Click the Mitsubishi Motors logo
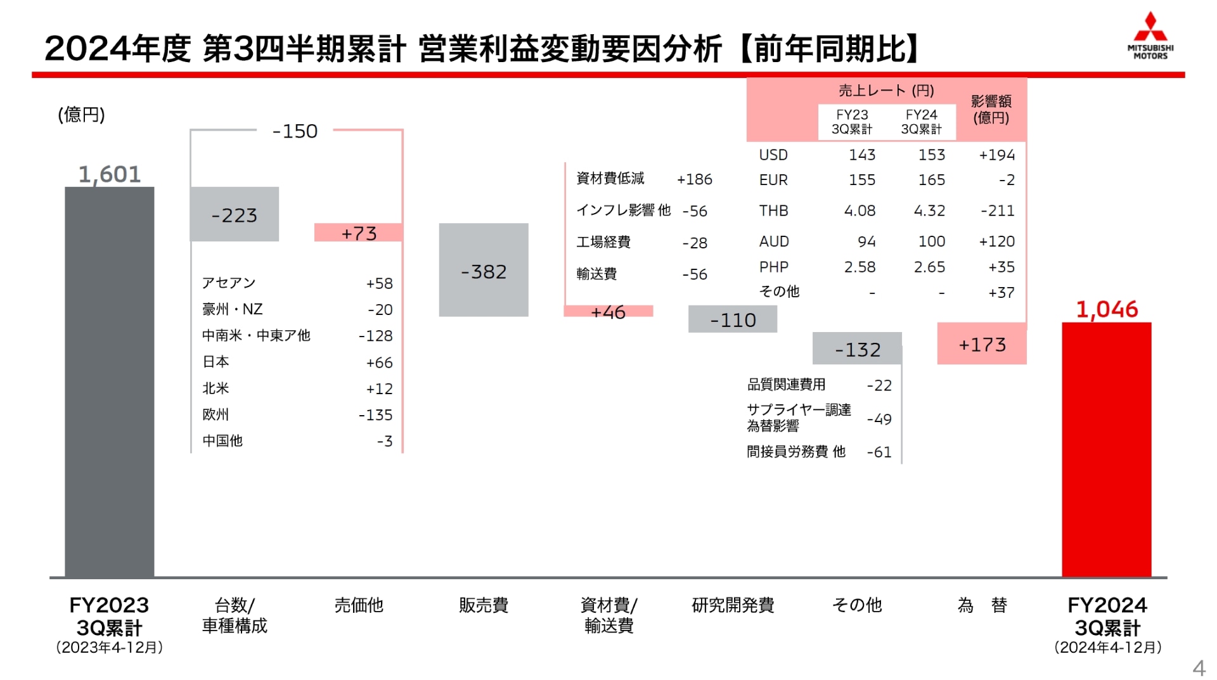pos(1150,36)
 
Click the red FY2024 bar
pos(1106,449)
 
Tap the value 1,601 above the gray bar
pos(109,174)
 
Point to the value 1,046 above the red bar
pos(1107,309)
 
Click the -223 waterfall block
pos(234,215)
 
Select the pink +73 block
pos(359,233)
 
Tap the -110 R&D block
pos(733,319)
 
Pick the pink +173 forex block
pos(982,344)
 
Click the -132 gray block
pos(857,349)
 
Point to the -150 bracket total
pos(295,131)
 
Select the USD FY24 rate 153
pos(931,155)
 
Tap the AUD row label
pos(773,241)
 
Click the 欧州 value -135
pos(375,415)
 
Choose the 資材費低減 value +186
pos(694,179)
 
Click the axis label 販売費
pos(483,605)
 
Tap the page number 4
pos(1198,667)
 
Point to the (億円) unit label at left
pos(81,115)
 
